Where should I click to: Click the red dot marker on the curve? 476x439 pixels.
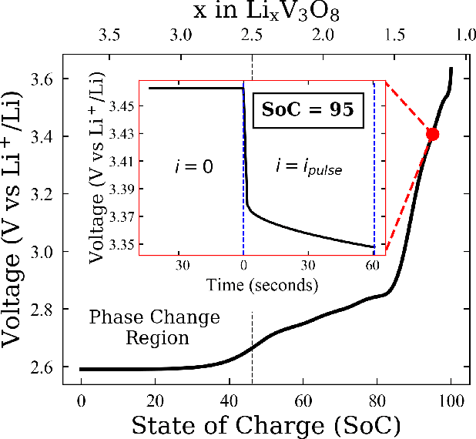pyautogui.click(x=432, y=134)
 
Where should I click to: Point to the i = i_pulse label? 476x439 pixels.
pyautogui.click(x=307, y=165)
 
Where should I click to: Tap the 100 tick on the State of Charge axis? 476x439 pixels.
pyautogui.click(x=451, y=400)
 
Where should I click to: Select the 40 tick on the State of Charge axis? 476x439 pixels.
pyautogui.click(x=229, y=400)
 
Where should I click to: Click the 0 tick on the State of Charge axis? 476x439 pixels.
pyautogui.click(x=81, y=400)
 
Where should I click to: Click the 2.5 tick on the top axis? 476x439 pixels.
pyautogui.click(x=252, y=35)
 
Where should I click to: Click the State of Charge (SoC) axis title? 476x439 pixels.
pyautogui.click(x=266, y=424)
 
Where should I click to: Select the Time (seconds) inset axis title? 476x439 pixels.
pyautogui.click(x=263, y=285)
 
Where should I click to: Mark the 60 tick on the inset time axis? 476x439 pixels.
pyautogui.click(x=373, y=265)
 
